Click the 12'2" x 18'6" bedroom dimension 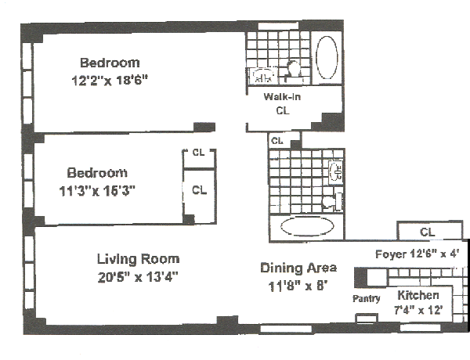[109, 79]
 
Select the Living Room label [138, 259]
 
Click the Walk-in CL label [283, 104]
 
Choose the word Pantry [366, 298]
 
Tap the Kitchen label [418, 295]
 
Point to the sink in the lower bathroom [335, 170]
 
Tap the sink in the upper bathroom [262, 76]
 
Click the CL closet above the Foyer [427, 232]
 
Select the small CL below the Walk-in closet [277, 141]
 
